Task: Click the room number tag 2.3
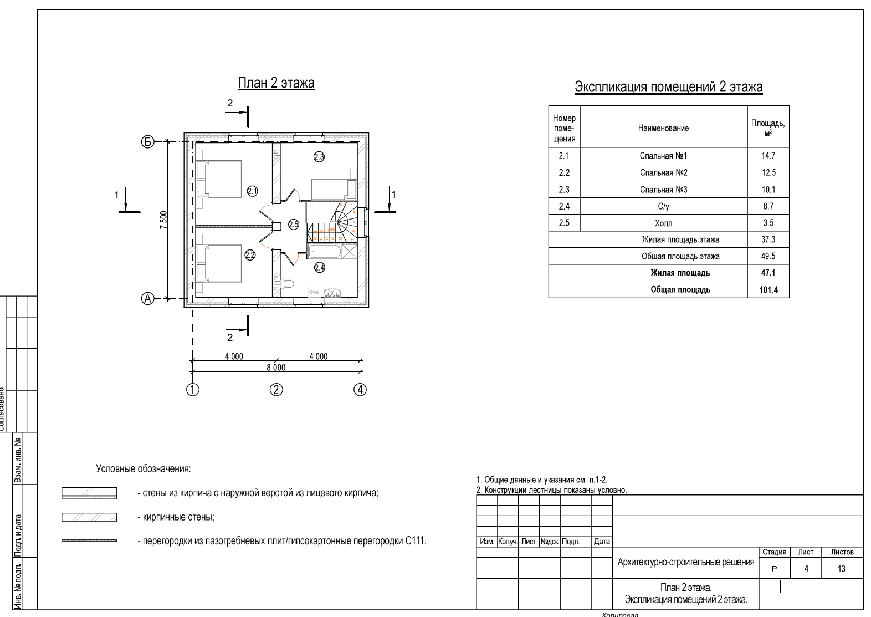coord(319,157)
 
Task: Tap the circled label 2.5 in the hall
coord(293,225)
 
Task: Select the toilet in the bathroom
coord(286,284)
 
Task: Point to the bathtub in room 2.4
coord(325,252)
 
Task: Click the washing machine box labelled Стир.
coord(315,292)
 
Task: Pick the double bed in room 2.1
coord(219,179)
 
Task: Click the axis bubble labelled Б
coord(147,142)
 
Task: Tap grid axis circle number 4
coord(360,390)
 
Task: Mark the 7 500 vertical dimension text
coord(163,220)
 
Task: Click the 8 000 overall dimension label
coord(276,368)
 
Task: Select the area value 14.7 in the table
coord(768,156)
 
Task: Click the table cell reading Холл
coord(663,223)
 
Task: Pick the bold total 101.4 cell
coord(768,289)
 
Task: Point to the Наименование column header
coord(663,128)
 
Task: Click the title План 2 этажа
coord(276,83)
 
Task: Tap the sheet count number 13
coord(841,569)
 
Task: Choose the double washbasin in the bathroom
coord(331,293)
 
